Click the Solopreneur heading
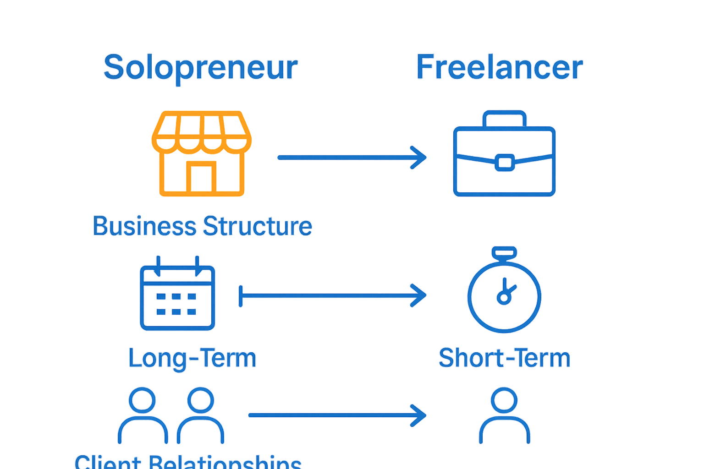point(201,67)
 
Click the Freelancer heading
point(499,67)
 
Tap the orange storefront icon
point(202,154)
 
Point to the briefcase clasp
point(504,163)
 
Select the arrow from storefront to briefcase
point(352,158)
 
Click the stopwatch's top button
point(504,252)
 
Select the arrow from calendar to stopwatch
point(332,296)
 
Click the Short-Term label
point(504,358)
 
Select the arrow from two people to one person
point(337,415)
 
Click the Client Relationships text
point(188,462)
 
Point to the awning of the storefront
point(202,131)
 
